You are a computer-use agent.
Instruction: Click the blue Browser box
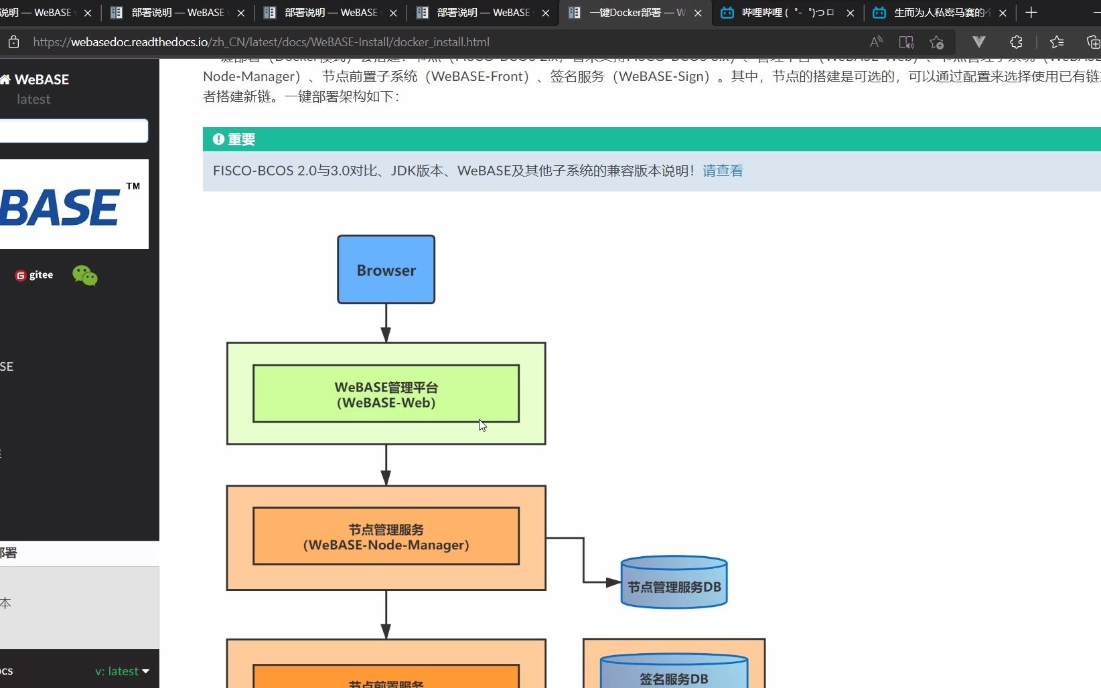pyautogui.click(x=386, y=270)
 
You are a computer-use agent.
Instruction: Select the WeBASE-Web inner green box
pyautogui.click(x=386, y=394)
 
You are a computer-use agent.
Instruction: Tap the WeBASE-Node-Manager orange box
pyautogui.click(x=386, y=537)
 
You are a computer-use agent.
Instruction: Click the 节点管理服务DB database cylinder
pyautogui.click(x=674, y=582)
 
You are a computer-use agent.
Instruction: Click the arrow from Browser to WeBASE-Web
pyautogui.click(x=386, y=323)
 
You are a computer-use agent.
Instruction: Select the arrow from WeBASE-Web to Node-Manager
pyautogui.click(x=386, y=464)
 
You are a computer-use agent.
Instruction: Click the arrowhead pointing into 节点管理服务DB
pyautogui.click(x=613, y=582)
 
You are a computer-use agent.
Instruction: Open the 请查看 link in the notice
pyautogui.click(x=723, y=171)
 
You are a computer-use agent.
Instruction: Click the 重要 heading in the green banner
pyautogui.click(x=241, y=139)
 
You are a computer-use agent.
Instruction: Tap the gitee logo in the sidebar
pyautogui.click(x=34, y=275)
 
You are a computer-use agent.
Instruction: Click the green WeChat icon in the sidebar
pyautogui.click(x=85, y=275)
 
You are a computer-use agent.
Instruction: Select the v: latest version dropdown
pyautogui.click(x=122, y=671)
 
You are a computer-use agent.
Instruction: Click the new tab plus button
pyautogui.click(x=1031, y=13)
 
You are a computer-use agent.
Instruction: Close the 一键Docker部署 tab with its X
pyautogui.click(x=698, y=13)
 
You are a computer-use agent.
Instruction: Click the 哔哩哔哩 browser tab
pyautogui.click(x=784, y=13)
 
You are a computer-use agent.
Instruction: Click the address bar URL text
pyautogui.click(x=261, y=42)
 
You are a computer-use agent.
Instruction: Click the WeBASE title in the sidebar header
pyautogui.click(x=42, y=80)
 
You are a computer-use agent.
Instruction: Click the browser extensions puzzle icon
pyautogui.click(x=1016, y=42)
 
